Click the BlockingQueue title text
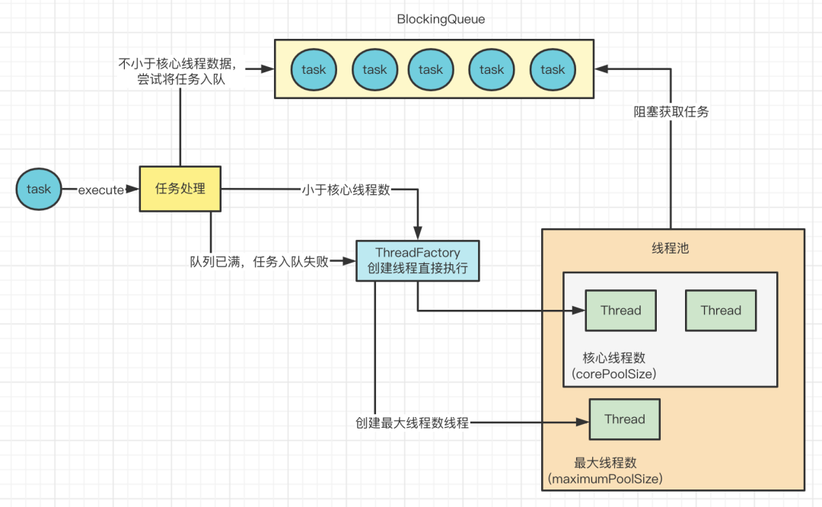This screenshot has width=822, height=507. (441, 19)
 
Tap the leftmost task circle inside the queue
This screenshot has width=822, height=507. (314, 70)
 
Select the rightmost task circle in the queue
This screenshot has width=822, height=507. (553, 70)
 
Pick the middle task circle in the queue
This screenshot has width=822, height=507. (430, 70)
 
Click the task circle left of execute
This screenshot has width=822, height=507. (39, 190)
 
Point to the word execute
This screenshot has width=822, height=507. (100, 190)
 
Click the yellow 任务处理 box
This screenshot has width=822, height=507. (180, 189)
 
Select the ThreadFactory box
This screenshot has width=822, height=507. (418, 260)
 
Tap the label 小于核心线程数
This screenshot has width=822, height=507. (346, 190)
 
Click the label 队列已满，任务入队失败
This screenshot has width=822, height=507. (260, 261)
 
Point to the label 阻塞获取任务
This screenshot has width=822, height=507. (671, 112)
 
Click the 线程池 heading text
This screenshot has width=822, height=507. (671, 248)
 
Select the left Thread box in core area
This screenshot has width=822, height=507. (621, 311)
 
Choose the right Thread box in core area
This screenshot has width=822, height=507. (721, 311)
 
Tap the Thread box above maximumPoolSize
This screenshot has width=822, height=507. (625, 419)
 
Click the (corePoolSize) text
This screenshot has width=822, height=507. (614, 374)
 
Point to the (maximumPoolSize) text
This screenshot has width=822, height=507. (605, 479)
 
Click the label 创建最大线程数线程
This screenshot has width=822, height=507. (412, 422)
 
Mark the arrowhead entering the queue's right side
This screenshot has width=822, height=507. (601, 69)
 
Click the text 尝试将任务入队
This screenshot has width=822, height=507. (181, 79)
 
